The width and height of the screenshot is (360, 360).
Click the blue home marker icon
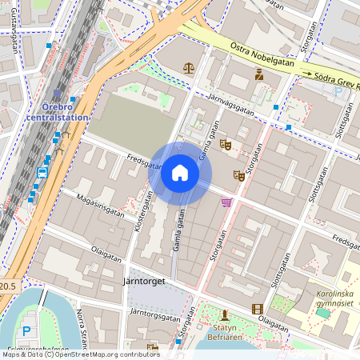coord(180,173)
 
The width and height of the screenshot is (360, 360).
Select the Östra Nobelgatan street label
coord(262,56)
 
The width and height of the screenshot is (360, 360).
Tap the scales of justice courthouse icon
coord(189,68)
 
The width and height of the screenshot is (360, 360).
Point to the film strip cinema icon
coord(257,309)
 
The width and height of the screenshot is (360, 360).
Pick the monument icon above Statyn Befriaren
coord(225,314)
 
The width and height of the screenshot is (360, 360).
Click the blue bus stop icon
coord(42,173)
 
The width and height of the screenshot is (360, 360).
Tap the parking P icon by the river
coord(28,331)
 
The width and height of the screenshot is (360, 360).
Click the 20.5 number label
coord(7,286)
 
